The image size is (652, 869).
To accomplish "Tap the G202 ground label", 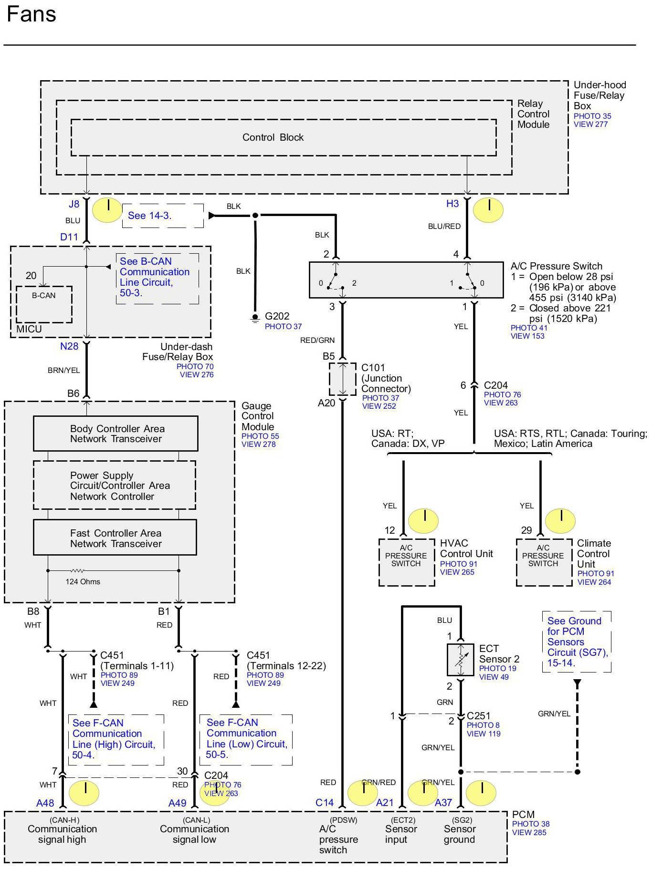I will (x=277, y=316).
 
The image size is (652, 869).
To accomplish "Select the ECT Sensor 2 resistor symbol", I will (x=460, y=660).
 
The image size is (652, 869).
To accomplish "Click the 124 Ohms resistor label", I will (x=83, y=581).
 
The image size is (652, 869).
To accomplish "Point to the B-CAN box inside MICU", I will (x=44, y=304).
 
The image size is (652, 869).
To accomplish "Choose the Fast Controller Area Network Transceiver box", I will (x=115, y=538).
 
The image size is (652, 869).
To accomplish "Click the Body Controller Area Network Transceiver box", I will (x=116, y=434).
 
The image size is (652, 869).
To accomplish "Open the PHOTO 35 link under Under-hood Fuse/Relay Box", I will (x=592, y=116).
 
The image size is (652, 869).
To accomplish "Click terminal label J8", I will (x=74, y=204).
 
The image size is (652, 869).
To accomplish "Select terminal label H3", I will (x=452, y=204).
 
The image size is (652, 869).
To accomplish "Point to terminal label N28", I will (x=69, y=346).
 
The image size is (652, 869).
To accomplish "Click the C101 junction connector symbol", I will (x=342, y=379).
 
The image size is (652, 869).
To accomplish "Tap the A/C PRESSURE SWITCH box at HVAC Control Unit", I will (x=406, y=562).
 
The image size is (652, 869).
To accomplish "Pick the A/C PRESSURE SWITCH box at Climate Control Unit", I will (x=544, y=562).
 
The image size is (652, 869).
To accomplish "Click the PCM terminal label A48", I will (x=45, y=803).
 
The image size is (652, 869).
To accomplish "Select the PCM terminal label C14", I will (x=324, y=803).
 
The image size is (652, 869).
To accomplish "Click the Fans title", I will (x=32, y=14).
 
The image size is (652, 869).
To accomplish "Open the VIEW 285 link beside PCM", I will (x=529, y=832).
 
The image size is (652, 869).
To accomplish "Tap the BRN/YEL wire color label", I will (x=64, y=370).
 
